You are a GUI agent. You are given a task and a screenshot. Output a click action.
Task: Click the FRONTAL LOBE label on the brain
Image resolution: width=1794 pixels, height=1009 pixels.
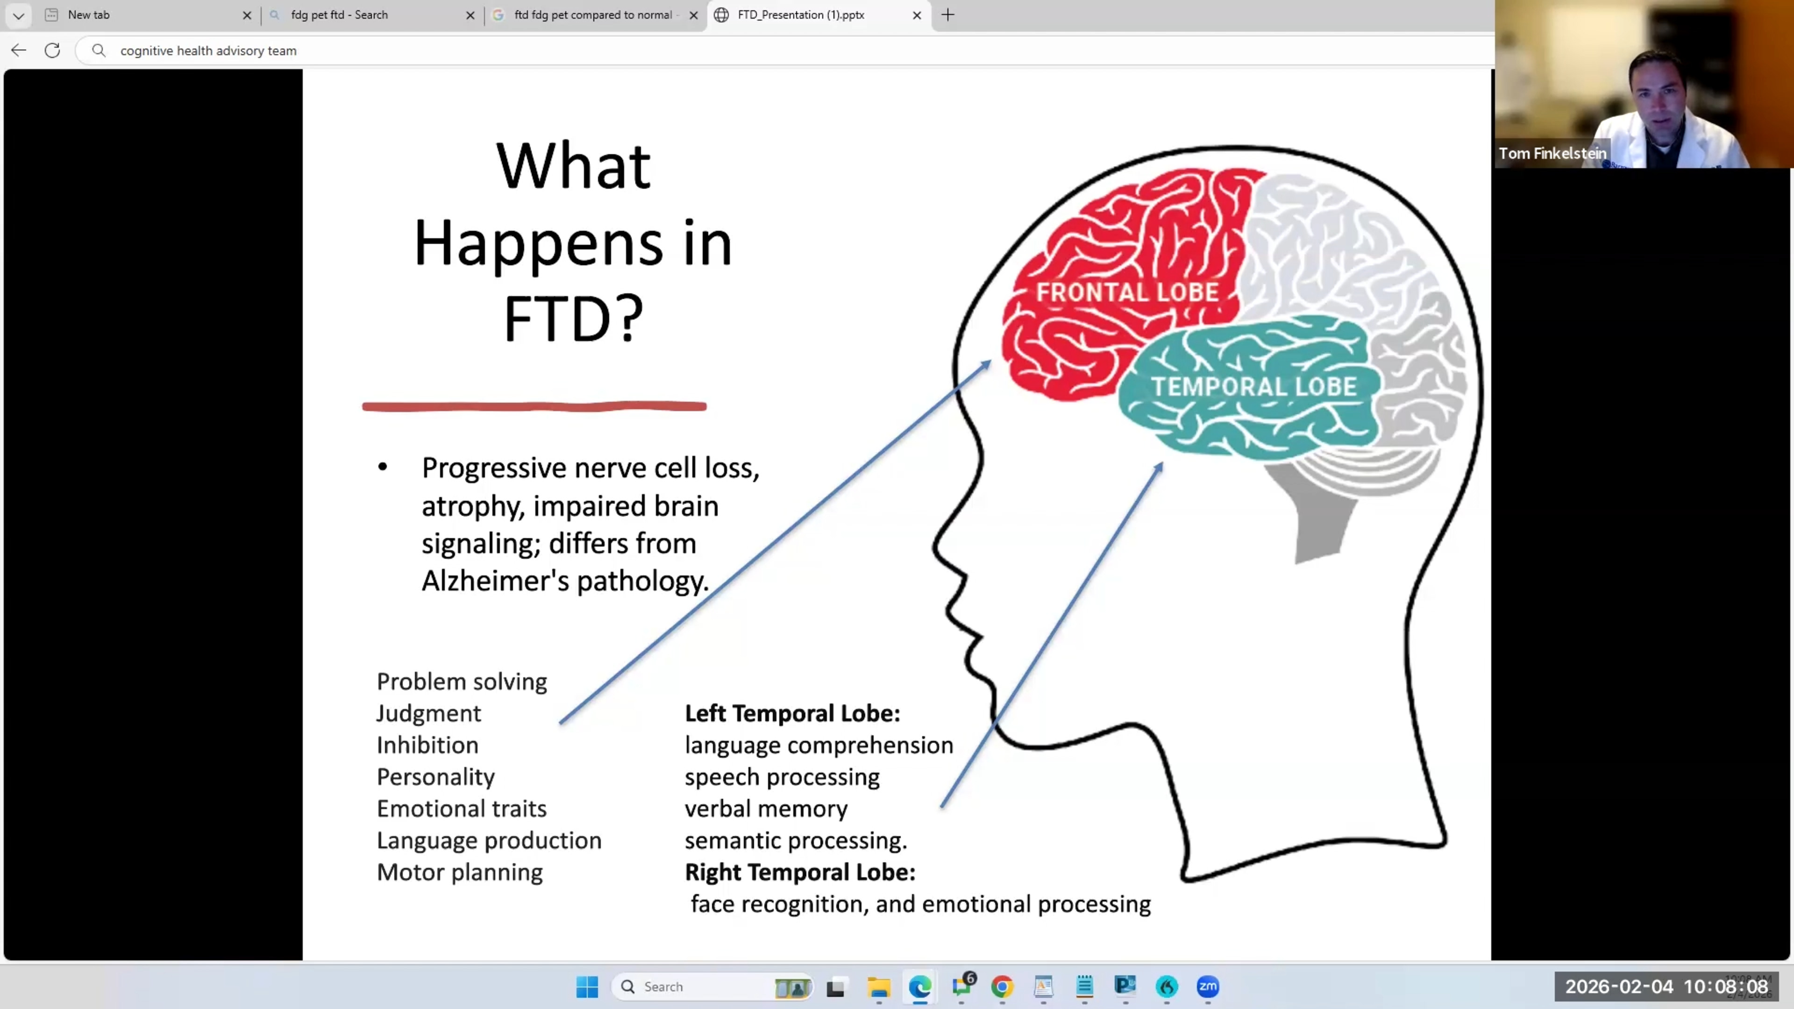(1127, 292)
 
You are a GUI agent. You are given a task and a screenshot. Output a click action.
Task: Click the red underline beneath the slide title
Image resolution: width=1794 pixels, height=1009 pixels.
(534, 407)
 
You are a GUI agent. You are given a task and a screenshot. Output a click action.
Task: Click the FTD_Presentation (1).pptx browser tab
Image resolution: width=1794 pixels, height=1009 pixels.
(800, 14)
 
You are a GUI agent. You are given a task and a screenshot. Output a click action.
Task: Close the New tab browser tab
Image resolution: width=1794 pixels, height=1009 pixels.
(247, 14)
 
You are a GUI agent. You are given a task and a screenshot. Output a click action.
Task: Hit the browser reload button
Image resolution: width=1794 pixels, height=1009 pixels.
(52, 50)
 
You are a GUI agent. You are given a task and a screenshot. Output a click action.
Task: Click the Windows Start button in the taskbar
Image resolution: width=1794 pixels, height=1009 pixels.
(586, 987)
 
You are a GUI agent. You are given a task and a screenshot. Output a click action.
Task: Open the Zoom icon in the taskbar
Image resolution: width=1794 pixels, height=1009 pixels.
(1208, 987)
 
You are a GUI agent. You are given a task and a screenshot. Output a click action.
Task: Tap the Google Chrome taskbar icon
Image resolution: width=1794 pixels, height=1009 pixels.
(1002, 987)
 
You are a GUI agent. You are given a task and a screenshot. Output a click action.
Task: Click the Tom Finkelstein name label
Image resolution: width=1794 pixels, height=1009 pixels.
(1552, 153)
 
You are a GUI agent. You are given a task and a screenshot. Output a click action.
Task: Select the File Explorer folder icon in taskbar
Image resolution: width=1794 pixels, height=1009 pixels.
(878, 987)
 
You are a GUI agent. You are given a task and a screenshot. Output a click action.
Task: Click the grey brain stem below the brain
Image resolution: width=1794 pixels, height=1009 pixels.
(1320, 522)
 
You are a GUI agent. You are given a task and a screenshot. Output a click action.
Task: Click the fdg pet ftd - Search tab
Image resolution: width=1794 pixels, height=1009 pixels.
(339, 14)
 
